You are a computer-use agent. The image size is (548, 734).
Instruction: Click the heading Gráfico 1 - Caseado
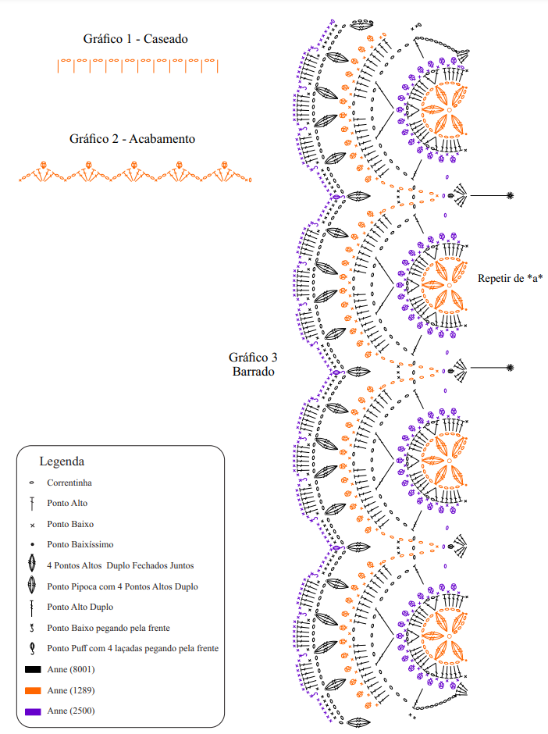pos(135,39)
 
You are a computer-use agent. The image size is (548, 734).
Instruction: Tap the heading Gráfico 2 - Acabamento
pos(132,138)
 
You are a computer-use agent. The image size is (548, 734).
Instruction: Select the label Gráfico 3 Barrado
pos(253,364)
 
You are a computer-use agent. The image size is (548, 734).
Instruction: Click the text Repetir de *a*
pos(510,278)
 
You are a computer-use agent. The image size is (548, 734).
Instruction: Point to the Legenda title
pos(62,461)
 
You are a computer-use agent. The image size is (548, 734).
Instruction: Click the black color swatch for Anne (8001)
pos(33,669)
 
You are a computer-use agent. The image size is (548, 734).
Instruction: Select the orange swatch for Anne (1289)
pos(33,690)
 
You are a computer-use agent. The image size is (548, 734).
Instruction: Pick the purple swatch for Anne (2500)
pos(33,711)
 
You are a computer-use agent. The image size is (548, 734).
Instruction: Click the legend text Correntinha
pos(69,483)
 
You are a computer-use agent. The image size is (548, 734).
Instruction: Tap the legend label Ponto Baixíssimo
pos(80,544)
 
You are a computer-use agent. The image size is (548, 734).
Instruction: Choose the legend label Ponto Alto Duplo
pos(80,607)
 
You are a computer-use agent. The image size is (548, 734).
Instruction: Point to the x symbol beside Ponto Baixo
pos(32,526)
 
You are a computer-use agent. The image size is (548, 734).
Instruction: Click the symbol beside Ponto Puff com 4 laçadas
pos(32,648)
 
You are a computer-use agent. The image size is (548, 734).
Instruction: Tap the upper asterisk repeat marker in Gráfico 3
pos(510,196)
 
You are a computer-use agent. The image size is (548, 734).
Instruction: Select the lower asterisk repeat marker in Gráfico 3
pos(510,368)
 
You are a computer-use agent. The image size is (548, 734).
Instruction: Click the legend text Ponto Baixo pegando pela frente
pos(108,628)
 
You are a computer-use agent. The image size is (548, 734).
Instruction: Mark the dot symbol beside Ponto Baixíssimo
pos(32,544)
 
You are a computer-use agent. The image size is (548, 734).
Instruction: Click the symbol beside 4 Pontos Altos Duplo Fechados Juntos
pos(32,563)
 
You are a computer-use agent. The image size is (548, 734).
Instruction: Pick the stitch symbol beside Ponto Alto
pos(32,504)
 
